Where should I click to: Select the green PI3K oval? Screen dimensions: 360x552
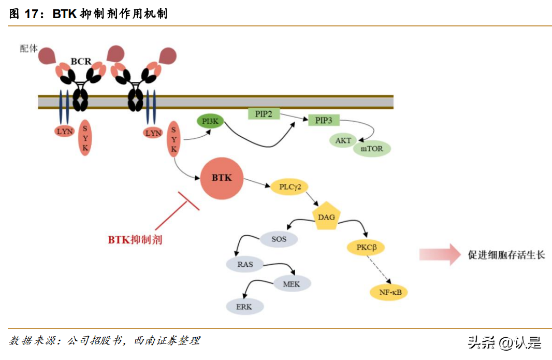coord(210,122)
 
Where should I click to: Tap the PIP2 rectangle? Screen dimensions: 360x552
coord(264,113)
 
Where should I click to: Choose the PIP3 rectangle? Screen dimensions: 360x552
coord(324,121)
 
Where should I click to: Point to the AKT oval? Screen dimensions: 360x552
coord(343,140)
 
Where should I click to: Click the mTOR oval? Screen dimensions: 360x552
coord(372,149)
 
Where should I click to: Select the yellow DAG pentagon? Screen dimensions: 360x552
coord(326,218)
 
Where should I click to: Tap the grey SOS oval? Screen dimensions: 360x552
coord(279,239)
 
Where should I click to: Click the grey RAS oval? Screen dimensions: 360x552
coord(245,264)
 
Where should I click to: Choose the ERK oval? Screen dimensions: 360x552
coord(244,307)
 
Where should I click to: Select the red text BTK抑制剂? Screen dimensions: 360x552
coord(135,240)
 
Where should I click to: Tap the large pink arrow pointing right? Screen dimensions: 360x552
coord(439,254)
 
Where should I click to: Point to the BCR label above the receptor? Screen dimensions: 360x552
coord(81,62)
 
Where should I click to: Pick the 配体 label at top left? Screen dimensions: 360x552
coord(29,48)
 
